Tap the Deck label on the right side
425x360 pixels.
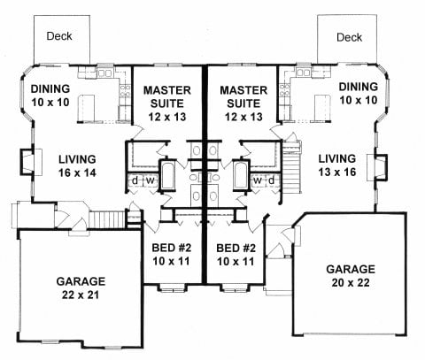click(x=350, y=37)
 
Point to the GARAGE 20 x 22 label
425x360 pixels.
click(x=351, y=275)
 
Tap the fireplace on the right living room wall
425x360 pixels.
click(x=382, y=165)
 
